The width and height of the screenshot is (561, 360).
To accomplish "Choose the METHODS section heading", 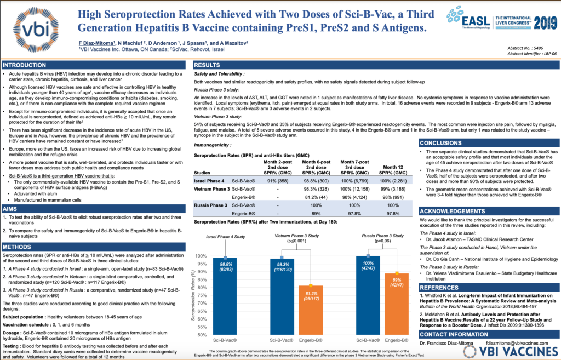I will click(18, 247).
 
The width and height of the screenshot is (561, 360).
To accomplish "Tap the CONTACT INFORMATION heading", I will click(455, 334).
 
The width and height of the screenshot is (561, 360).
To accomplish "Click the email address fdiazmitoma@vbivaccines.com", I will click(514, 343).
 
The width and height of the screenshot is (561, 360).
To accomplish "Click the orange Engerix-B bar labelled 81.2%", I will click(310, 310).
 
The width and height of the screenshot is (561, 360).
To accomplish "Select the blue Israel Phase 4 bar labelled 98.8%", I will click(225, 296).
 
